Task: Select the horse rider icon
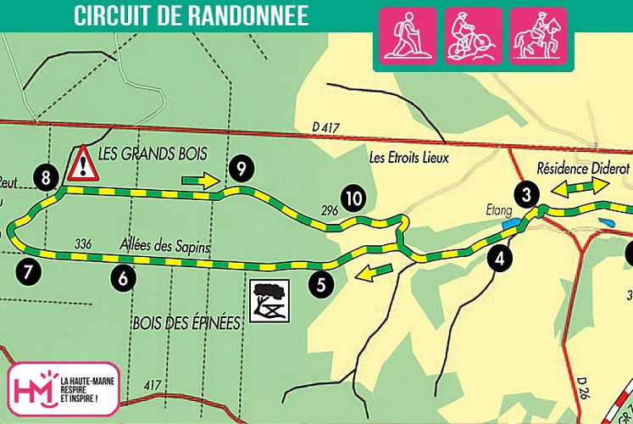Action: [x=537, y=36]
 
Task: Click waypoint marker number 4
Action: [x=502, y=259]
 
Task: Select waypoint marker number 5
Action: [x=320, y=284]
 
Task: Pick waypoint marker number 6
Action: [x=124, y=276]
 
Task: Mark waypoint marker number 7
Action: [x=27, y=272]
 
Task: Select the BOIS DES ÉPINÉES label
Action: [x=186, y=322]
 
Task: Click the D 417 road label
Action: [x=326, y=127]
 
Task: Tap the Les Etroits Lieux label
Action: [x=407, y=157]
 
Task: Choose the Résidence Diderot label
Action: [x=583, y=168]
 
